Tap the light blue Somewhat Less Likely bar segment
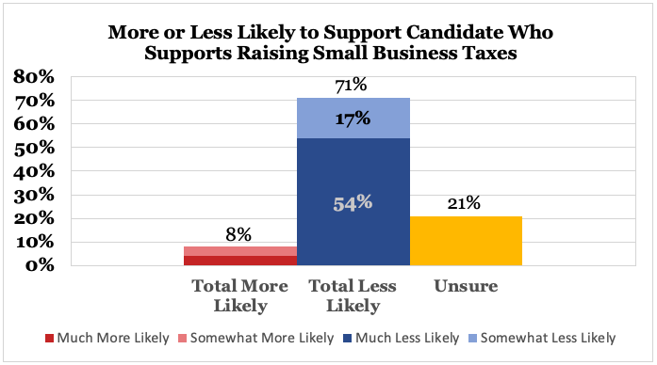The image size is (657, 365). [353, 118]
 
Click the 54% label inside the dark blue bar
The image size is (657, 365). [353, 201]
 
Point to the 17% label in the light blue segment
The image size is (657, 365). [353, 119]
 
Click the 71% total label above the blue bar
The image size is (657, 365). [352, 86]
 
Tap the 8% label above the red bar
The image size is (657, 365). [238, 234]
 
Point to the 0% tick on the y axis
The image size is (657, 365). [40, 265]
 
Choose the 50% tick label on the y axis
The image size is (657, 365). [35, 148]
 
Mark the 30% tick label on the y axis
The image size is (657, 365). [35, 195]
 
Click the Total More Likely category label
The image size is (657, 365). [240, 295]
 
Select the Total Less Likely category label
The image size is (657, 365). [353, 295]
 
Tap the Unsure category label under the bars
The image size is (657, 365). [466, 285]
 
